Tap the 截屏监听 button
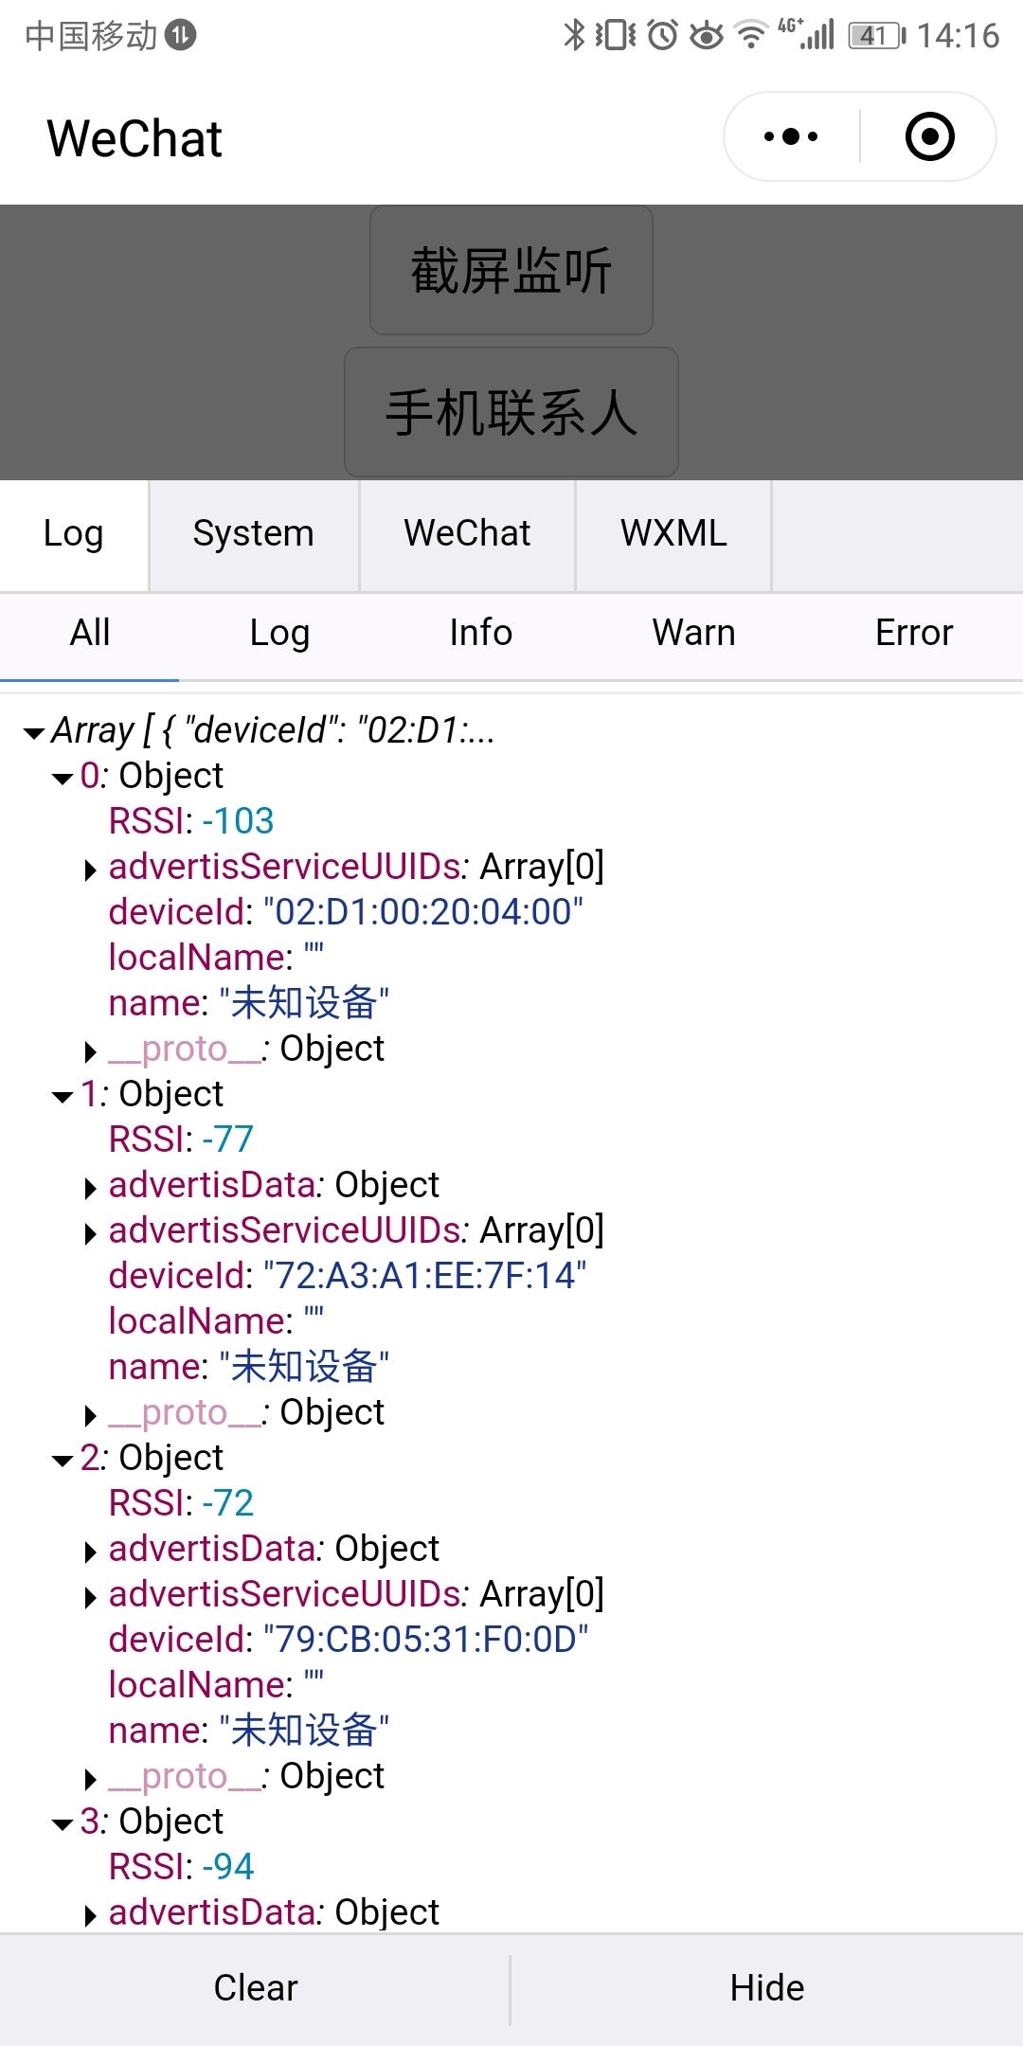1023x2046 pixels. (511, 271)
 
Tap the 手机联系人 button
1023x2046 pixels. (511, 413)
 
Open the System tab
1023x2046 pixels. (253, 533)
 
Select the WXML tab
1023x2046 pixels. (673, 533)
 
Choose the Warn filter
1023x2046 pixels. (693, 633)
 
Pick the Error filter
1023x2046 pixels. (913, 633)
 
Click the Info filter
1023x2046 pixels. (480, 633)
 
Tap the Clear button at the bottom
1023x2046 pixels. (256, 1987)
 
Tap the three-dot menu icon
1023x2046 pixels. (791, 136)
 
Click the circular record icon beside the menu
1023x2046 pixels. (929, 136)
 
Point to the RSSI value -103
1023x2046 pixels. (238, 821)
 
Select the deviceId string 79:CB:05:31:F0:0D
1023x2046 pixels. (425, 1640)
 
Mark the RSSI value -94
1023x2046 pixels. (228, 1867)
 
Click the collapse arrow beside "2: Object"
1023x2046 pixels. (63, 1460)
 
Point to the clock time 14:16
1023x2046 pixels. (958, 36)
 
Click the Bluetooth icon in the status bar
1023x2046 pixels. (573, 35)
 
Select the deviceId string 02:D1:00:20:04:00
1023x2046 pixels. (423, 912)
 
